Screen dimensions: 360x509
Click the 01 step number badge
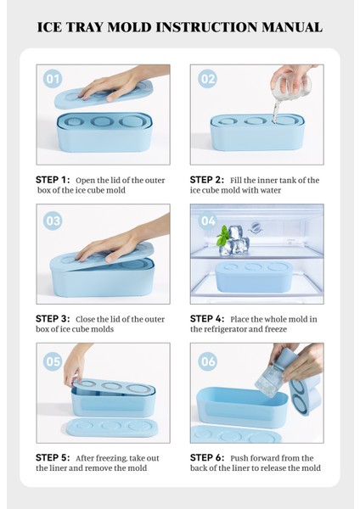(x=53, y=79)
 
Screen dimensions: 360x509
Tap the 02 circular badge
(x=208, y=79)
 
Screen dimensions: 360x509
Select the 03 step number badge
(x=53, y=221)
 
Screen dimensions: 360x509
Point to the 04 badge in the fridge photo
(x=208, y=221)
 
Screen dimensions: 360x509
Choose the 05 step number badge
(x=53, y=361)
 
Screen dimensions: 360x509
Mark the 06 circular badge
(x=208, y=361)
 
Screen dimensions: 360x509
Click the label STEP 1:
(x=53, y=180)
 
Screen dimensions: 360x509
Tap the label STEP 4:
(x=207, y=319)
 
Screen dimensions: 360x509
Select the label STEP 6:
(x=207, y=458)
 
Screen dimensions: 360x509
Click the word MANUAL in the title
(x=292, y=27)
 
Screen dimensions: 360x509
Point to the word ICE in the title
(x=49, y=27)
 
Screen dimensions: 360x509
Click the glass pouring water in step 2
(x=290, y=85)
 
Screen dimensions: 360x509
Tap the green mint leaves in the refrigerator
(x=222, y=235)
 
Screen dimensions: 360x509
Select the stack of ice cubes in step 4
(x=234, y=241)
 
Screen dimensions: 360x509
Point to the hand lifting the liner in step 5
(x=76, y=364)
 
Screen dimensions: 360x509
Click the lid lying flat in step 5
(x=112, y=427)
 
